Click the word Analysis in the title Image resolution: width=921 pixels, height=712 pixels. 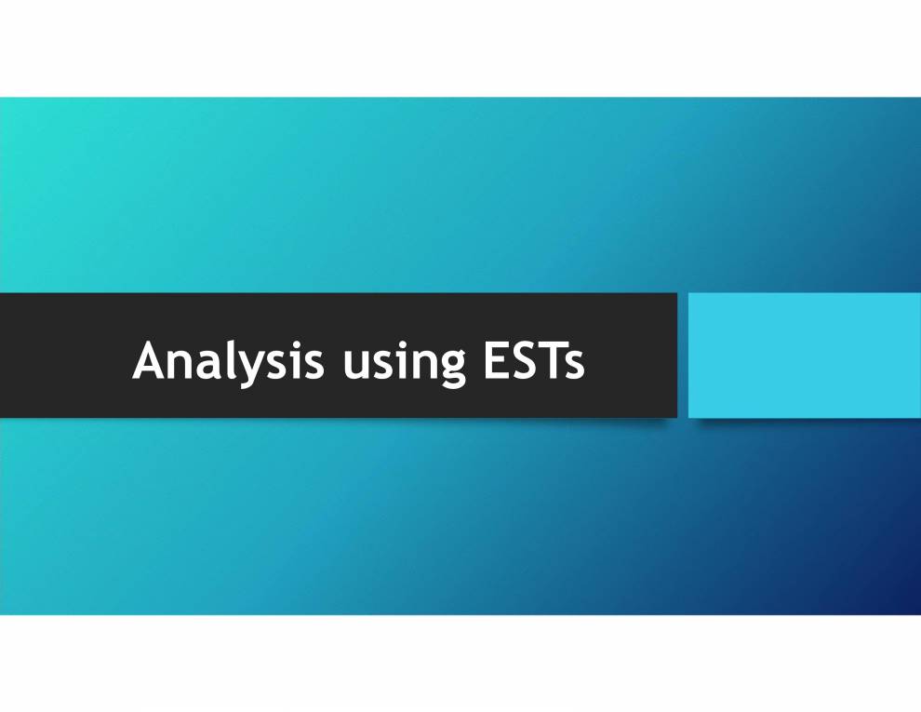click(x=228, y=360)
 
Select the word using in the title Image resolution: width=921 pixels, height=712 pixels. click(x=404, y=362)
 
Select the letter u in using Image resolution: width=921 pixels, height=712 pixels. click(x=356, y=364)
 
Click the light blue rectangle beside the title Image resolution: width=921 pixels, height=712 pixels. click(x=805, y=356)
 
